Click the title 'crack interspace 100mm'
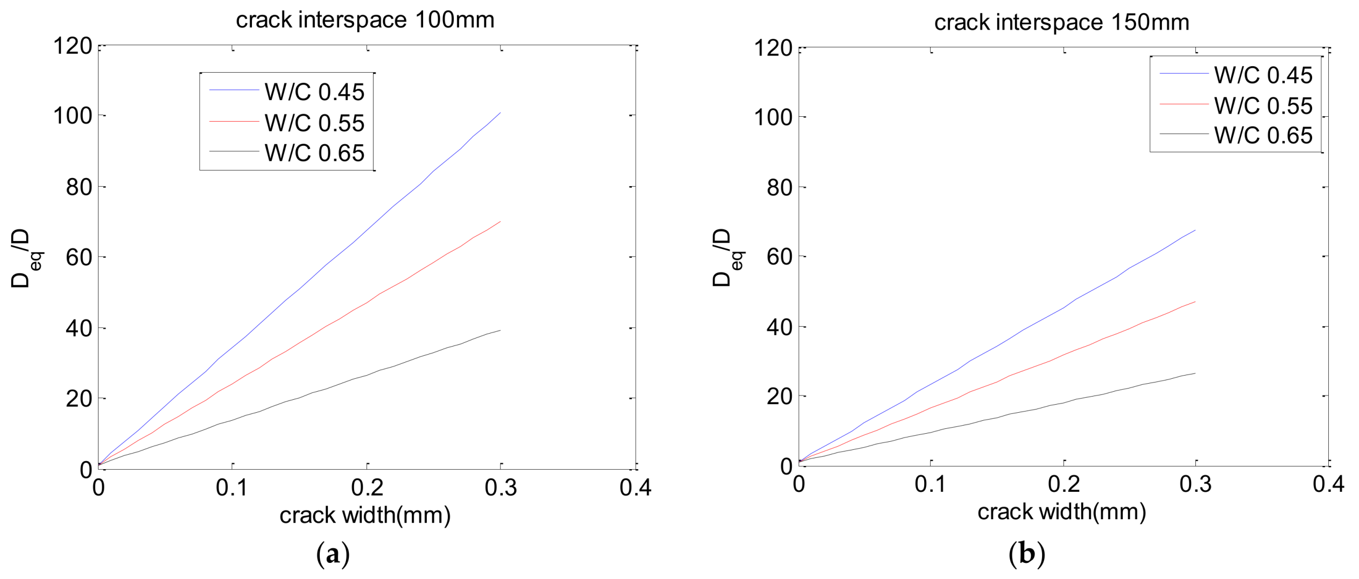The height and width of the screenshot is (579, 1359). tap(365, 20)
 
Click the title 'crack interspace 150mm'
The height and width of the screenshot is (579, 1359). tap(1061, 23)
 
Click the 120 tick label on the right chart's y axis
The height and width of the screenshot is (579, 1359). tap(773, 48)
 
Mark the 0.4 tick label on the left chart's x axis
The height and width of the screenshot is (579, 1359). tap(635, 488)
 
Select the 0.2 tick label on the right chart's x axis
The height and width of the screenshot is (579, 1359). tap(1064, 484)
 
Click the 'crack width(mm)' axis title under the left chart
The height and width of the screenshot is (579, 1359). tap(365, 515)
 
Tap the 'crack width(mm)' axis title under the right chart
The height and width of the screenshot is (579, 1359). tap(1061, 512)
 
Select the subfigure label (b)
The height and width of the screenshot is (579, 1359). tap(1026, 553)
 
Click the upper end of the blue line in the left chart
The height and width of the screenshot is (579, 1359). tap(500, 113)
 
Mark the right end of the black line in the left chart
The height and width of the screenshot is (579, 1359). tap(500, 330)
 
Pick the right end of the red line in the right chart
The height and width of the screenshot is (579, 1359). tap(1195, 302)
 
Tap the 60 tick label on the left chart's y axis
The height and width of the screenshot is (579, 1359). tap(79, 257)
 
